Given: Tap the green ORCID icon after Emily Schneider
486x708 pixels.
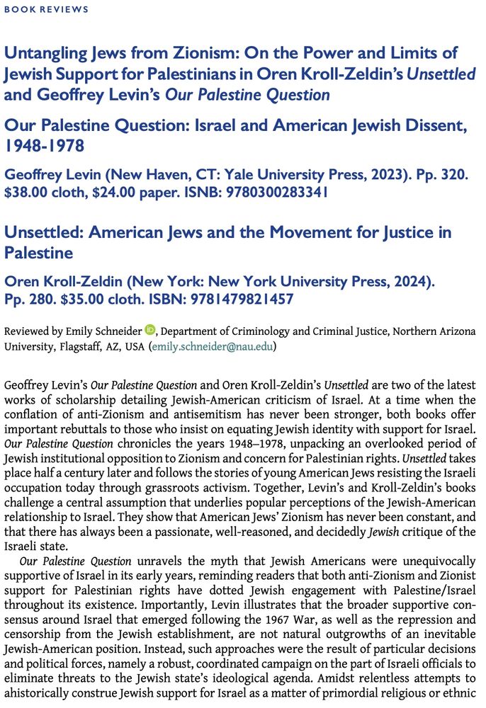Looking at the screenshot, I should pos(149,329).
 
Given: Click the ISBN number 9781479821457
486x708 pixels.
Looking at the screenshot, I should pos(237,299).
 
